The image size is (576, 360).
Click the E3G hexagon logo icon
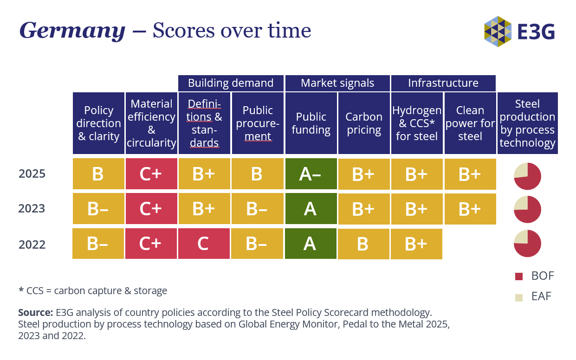498,32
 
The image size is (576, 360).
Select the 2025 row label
32,174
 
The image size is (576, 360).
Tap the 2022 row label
32,244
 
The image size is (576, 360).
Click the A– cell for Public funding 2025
311,174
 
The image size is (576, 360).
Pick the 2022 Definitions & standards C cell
204,244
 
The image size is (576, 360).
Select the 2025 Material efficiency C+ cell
151,174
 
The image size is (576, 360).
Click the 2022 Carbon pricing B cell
363,244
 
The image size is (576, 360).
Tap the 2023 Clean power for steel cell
470,209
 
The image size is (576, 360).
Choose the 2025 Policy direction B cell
98,174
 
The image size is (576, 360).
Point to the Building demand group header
231,83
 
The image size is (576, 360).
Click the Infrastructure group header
443,83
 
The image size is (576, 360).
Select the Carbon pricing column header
364,123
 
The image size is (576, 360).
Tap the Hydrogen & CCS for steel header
417,123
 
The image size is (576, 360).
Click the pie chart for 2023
527,209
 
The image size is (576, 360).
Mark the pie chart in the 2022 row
527,244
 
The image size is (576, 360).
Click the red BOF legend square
519,276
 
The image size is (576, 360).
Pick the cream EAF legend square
519,297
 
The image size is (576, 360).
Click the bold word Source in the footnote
35,313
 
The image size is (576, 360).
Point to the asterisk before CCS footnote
21,289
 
